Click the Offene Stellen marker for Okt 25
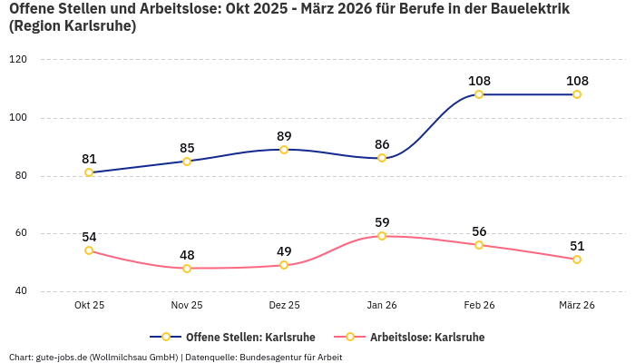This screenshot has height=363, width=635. (x=89, y=172)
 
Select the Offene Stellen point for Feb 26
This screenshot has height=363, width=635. (x=479, y=94)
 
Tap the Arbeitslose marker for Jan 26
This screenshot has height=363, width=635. (x=382, y=236)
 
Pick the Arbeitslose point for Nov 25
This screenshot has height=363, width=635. (x=187, y=269)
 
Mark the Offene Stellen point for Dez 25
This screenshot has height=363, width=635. (x=284, y=150)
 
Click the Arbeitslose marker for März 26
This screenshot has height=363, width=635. (x=577, y=260)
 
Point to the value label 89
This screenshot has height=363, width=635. (x=284, y=135)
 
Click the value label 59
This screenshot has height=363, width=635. (x=382, y=221)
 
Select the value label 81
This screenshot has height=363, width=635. (x=89, y=158)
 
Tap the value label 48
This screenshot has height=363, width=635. (x=187, y=255)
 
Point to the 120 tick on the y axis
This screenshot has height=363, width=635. (x=18, y=60)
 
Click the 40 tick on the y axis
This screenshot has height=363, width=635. (x=20, y=291)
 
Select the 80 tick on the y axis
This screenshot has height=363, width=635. (x=20, y=176)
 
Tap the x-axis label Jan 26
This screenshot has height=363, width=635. (x=382, y=305)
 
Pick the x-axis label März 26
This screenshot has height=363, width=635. (x=577, y=305)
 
